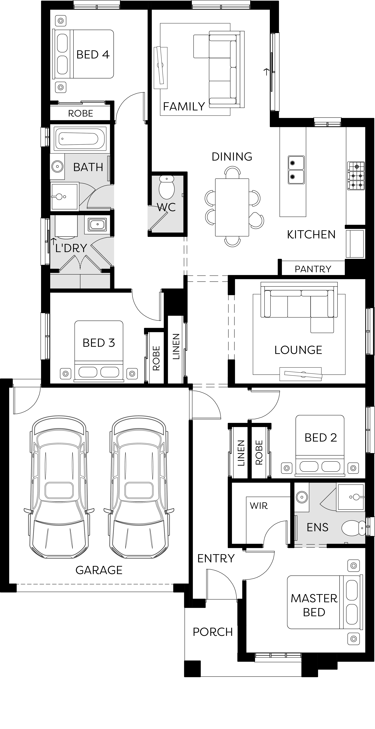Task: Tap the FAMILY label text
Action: (184, 107)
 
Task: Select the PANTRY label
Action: (313, 269)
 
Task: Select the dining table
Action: (232, 207)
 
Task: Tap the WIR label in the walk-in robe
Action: (259, 506)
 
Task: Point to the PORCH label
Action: (213, 632)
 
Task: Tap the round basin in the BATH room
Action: (58, 166)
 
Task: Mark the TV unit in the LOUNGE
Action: (300, 374)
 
